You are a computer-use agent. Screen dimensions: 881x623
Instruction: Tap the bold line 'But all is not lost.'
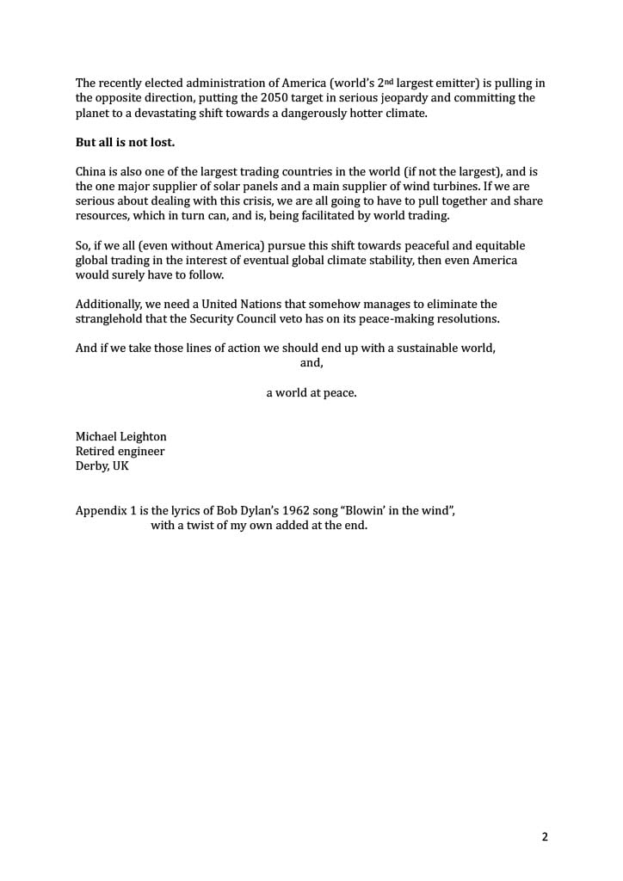(125, 142)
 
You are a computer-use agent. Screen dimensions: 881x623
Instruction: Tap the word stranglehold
(112, 318)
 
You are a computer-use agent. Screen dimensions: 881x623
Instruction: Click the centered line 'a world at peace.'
(311, 392)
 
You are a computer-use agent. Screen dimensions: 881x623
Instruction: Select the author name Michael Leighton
(121, 436)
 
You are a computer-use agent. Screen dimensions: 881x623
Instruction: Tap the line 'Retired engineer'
(120, 451)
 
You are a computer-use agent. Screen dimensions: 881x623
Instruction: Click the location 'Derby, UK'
(102, 465)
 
